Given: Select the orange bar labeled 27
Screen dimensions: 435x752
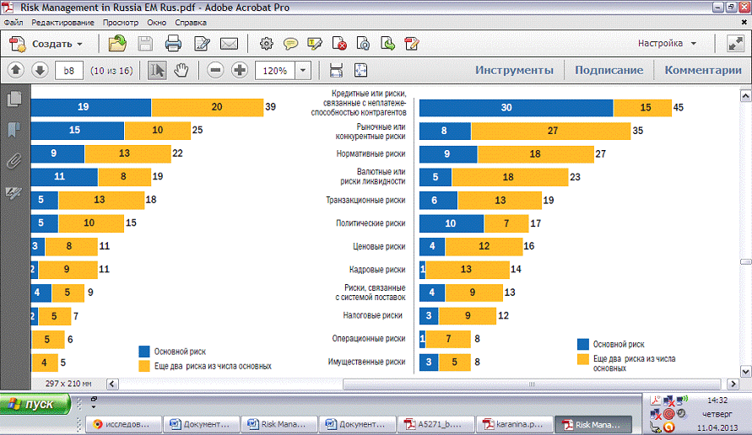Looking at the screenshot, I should coord(550,131).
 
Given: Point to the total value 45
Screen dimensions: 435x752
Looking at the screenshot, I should coord(679,108).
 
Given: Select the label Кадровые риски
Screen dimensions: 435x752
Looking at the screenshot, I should coord(377,270).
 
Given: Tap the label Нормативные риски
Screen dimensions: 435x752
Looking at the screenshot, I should coord(371,154).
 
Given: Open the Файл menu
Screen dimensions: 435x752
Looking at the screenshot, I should coord(13,23).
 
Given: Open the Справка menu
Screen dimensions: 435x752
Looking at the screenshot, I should coord(191,23).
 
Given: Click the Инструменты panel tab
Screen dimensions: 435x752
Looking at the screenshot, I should coord(514,70).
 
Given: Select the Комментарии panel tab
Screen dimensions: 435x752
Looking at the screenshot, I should coord(702,70).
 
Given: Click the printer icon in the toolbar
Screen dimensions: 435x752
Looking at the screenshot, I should coord(174,44).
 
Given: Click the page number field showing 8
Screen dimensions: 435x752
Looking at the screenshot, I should coord(68,71).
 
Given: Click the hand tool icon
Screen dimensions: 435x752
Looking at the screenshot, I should coord(181,70).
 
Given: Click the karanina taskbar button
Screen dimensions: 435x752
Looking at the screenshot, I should coord(514,424).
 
